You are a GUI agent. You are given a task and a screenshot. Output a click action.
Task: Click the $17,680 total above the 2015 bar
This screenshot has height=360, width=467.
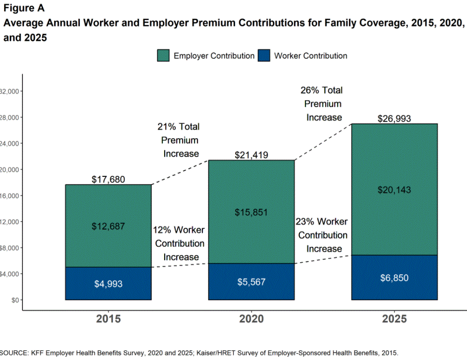tap(108, 180)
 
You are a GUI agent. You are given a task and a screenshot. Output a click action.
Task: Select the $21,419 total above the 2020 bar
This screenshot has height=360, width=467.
tap(251, 155)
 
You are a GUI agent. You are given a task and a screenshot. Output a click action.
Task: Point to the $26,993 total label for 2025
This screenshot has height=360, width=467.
tap(394, 119)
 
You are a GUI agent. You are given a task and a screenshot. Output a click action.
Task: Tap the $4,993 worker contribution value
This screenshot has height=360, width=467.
tap(108, 284)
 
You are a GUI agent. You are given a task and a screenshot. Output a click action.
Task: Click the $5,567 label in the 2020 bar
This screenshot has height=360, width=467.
tap(251, 282)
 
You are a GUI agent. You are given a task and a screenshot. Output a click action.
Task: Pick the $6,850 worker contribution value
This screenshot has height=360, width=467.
tap(394, 278)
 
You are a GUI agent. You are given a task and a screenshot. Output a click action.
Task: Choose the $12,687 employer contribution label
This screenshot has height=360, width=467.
tap(108, 226)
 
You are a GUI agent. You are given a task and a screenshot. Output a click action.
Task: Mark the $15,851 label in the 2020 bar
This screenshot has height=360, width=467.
tap(251, 212)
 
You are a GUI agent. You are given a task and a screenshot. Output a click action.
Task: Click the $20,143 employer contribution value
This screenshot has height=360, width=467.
tap(394, 190)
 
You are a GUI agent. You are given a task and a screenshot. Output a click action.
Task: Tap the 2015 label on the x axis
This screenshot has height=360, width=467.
tap(108, 319)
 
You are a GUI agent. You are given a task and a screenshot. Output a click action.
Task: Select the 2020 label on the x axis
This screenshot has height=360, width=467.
tap(251, 319)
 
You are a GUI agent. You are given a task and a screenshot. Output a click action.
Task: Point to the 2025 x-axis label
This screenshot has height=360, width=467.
tap(394, 319)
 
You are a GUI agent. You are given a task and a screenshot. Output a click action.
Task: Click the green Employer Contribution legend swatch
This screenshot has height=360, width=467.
tap(163, 56)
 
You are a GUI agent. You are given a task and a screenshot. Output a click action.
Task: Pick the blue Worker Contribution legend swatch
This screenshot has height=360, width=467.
tap(264, 56)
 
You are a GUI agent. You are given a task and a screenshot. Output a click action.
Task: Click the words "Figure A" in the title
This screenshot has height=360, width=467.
tap(24, 8)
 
